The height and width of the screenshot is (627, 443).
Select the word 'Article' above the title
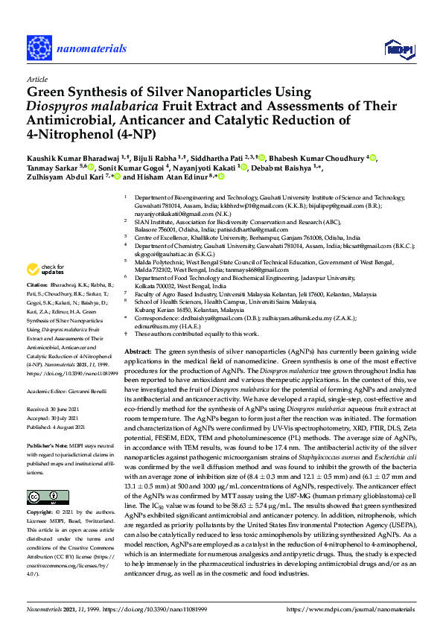click(36, 78)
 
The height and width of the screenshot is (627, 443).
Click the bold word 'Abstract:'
click(138, 350)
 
